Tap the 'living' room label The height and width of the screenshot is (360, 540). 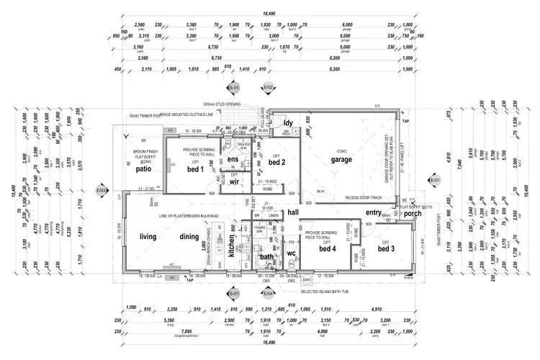[x=148, y=237]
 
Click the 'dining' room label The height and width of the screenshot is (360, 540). [x=190, y=237]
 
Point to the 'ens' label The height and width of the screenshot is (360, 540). [x=233, y=159]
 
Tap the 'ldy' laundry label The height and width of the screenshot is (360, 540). [x=288, y=123]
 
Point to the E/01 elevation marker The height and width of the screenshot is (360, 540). [x=434, y=180]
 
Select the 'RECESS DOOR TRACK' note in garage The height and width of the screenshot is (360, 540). [x=351, y=195]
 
